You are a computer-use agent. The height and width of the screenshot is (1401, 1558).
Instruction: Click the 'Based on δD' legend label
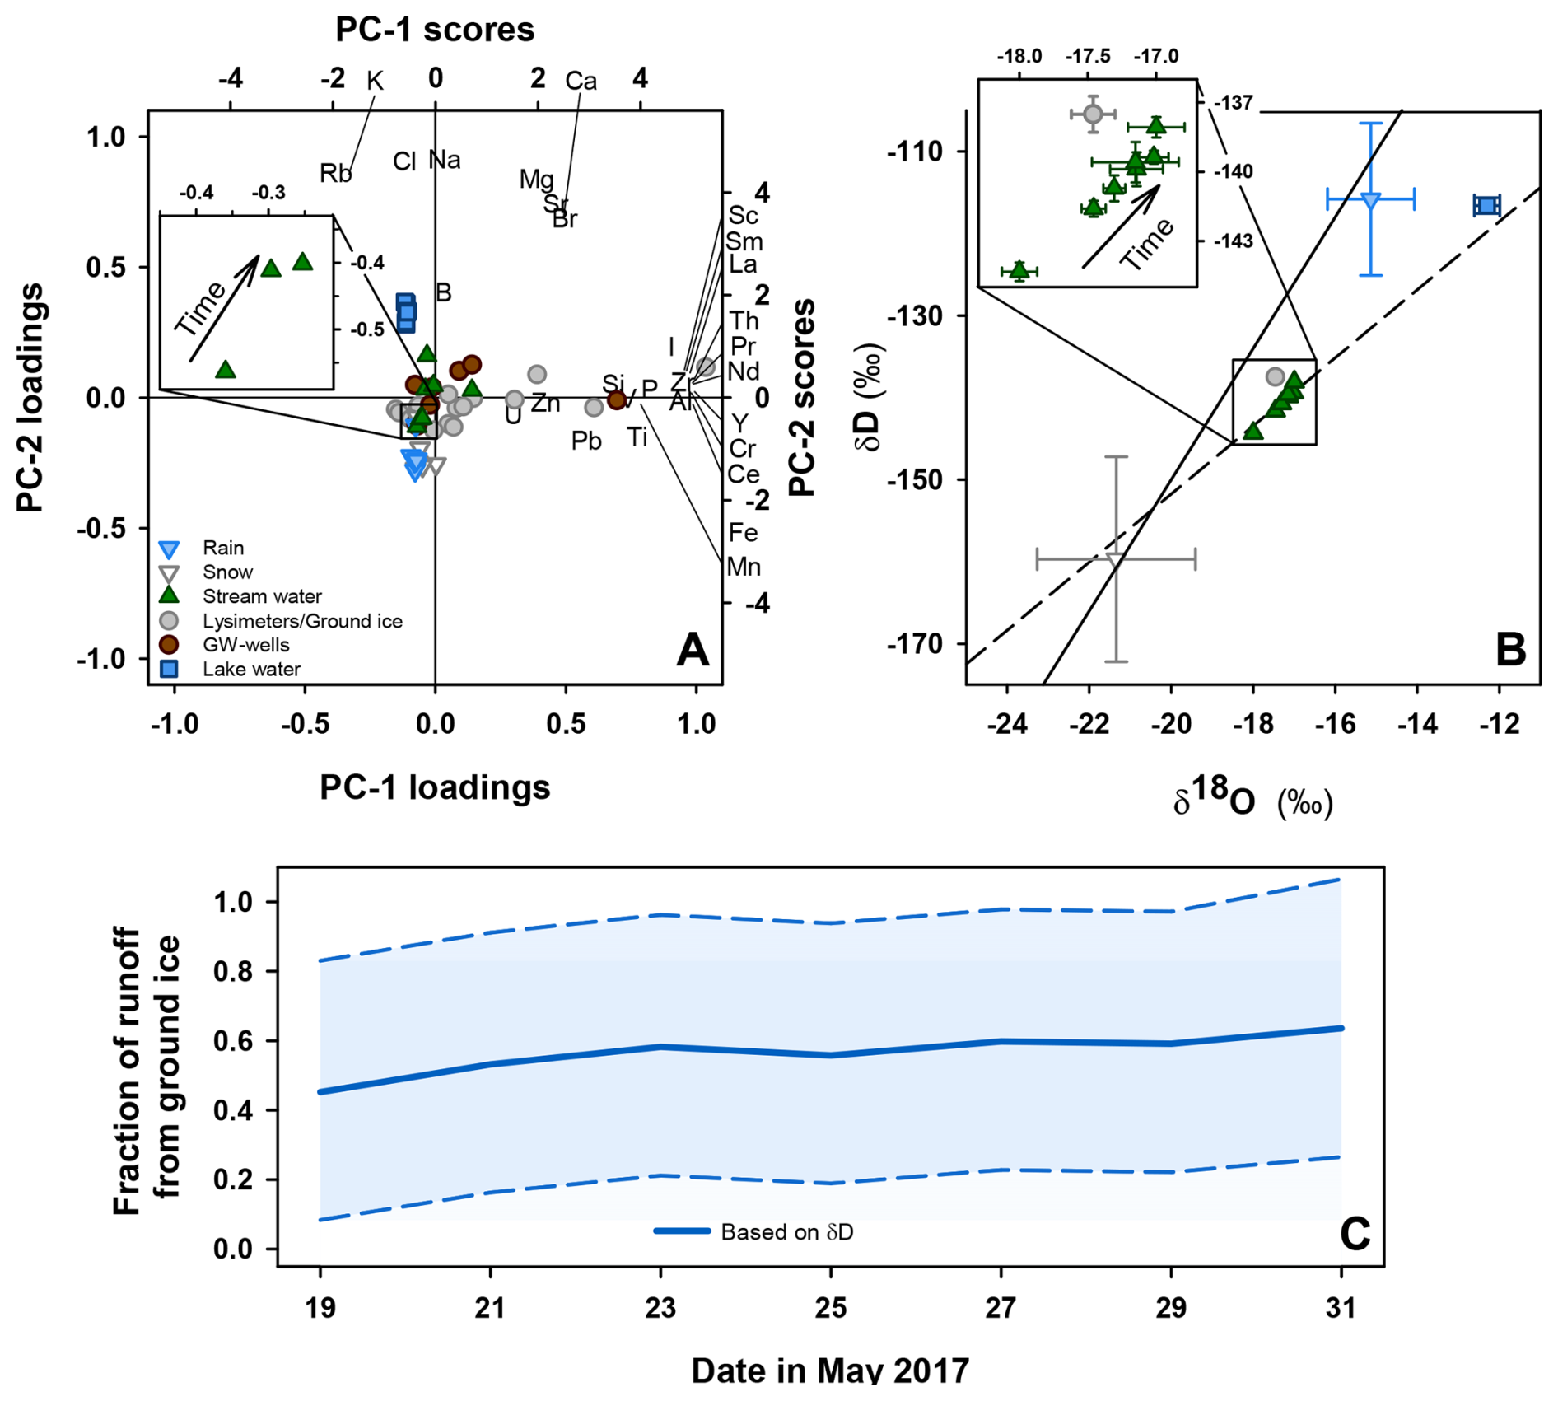(x=786, y=1232)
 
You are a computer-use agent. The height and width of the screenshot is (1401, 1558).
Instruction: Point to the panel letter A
(x=692, y=650)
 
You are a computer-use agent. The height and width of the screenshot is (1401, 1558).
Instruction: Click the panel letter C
(x=1355, y=1234)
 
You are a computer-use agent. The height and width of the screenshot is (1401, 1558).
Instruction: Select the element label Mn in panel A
(x=744, y=567)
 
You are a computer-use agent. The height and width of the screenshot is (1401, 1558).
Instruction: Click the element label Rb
(x=335, y=174)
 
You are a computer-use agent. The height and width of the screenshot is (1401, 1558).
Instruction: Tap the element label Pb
(x=586, y=441)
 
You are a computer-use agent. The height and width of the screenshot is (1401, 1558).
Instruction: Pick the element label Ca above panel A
(x=581, y=81)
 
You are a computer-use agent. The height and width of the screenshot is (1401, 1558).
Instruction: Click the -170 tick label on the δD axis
(x=914, y=643)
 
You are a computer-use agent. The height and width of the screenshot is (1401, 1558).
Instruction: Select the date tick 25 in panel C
(x=831, y=1309)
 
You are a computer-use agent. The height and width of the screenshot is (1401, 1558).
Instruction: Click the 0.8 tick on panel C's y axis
(x=233, y=972)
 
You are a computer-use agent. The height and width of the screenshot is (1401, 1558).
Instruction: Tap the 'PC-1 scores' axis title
(x=435, y=30)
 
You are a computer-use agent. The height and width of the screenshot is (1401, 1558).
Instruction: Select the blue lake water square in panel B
(x=1486, y=205)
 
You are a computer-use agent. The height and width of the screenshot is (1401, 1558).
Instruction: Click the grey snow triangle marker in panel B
(x=1116, y=560)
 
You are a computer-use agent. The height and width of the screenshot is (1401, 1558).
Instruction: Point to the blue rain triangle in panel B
(x=1370, y=200)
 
